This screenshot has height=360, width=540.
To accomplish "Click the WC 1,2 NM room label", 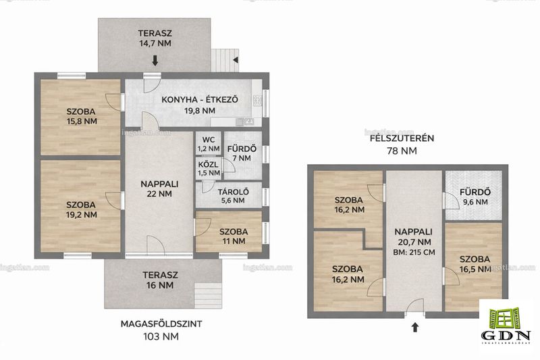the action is [209, 145].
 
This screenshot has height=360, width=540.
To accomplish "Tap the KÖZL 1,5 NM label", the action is [209, 169].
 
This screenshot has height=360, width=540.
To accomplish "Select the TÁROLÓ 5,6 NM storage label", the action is [233, 196].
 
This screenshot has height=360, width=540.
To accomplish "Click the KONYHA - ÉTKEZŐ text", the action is [200, 100].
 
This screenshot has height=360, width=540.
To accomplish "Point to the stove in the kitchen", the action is [257, 100].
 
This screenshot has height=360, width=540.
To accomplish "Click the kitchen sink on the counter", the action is [244, 122].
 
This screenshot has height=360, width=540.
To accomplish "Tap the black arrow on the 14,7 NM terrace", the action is [155, 61].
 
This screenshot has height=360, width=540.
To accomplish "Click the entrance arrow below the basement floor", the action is [415, 327].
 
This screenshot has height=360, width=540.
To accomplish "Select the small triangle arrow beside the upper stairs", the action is [236, 60].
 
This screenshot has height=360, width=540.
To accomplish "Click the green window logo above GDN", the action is [505, 318].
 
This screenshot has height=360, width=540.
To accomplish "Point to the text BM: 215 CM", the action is [414, 252].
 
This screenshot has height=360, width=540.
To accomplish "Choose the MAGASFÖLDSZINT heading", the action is [161, 324].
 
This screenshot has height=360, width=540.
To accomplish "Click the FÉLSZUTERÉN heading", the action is [402, 138].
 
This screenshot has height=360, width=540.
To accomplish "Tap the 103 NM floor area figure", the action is [161, 336].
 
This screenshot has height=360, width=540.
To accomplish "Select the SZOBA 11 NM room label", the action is [234, 236].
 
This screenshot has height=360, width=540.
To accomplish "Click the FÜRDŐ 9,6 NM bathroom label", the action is [475, 197].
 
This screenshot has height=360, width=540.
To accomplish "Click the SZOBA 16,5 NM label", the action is [475, 264].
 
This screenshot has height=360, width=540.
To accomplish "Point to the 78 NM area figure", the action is [402, 151].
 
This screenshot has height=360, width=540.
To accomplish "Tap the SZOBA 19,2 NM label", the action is [81, 210].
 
